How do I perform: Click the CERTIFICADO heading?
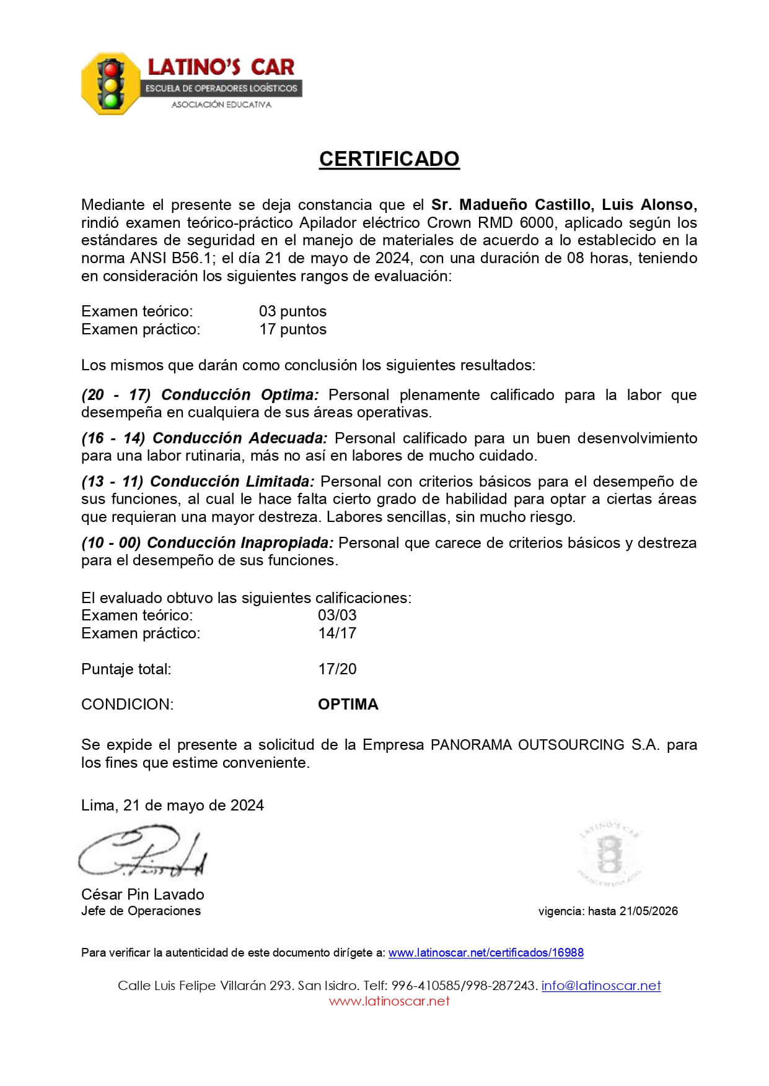pyautogui.click(x=389, y=159)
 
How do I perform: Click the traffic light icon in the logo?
pyautogui.click(x=112, y=84)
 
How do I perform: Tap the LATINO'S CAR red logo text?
pyautogui.click(x=221, y=67)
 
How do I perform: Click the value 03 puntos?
pyautogui.click(x=292, y=311)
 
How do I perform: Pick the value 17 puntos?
pyautogui.click(x=292, y=329)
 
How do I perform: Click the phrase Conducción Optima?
pyautogui.click(x=240, y=395)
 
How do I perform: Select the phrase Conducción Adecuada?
pyautogui.click(x=240, y=438)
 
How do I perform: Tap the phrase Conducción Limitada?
pyautogui.click(x=232, y=482)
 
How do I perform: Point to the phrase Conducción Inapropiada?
pyautogui.click(x=240, y=543)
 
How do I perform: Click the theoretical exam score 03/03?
pyautogui.click(x=337, y=615)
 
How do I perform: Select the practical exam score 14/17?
pyautogui.click(x=337, y=633)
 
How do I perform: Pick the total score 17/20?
pyautogui.click(x=337, y=669)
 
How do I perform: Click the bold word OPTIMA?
pyautogui.click(x=348, y=705)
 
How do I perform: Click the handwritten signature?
pyautogui.click(x=143, y=853)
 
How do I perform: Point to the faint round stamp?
pyautogui.click(x=609, y=854)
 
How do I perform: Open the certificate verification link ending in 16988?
pyautogui.click(x=486, y=953)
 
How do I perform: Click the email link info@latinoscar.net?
pyautogui.click(x=601, y=986)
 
